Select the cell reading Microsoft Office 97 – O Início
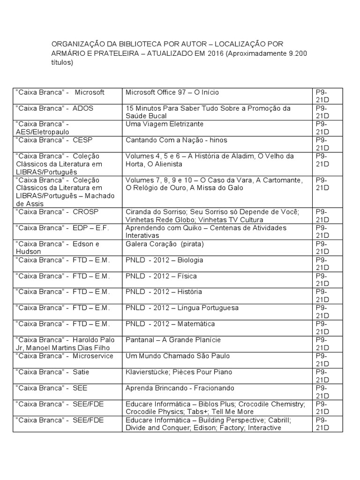click(x=172, y=92)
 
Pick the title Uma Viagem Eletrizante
click(x=165, y=124)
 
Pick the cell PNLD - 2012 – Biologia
click(x=163, y=260)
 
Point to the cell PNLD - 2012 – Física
click(x=161, y=276)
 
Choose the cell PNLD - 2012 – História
click(x=164, y=292)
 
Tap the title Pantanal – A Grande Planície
click(x=173, y=340)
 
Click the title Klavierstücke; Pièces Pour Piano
click(x=179, y=372)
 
